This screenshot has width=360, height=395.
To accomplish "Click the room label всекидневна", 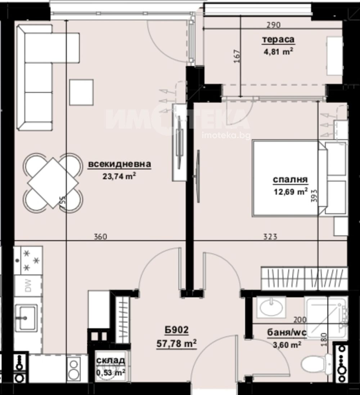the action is pyautogui.click(x=120, y=164).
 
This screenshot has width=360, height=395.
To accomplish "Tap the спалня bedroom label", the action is pyautogui.click(x=290, y=180).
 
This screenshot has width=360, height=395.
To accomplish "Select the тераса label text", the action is pyautogui.click(x=278, y=40).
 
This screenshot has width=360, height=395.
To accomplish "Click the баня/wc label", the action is pyautogui.click(x=287, y=333).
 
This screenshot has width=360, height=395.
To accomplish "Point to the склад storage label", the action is pyautogui.click(x=111, y=361).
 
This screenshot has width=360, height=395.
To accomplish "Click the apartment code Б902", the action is pyautogui.click(x=176, y=330).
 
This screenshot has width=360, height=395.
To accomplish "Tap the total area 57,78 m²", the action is pyautogui.click(x=176, y=343).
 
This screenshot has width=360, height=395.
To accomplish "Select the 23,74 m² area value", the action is pyautogui.click(x=119, y=176).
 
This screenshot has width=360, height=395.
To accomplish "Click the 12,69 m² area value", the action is pyautogui.click(x=291, y=192).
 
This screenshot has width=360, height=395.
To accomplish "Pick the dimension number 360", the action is pyautogui.click(x=100, y=237).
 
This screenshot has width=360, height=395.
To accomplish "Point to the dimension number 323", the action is pyautogui.click(x=270, y=237).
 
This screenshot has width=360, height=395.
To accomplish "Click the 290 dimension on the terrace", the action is pyautogui.click(x=274, y=25).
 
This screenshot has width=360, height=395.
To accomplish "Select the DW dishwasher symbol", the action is pyautogui.click(x=28, y=285).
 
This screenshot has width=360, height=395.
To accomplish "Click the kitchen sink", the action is pyautogui.click(x=26, y=317).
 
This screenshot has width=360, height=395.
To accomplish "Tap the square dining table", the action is pyautogui.click(x=53, y=183).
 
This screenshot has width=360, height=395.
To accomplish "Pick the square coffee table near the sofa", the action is pyautogui.click(x=81, y=92).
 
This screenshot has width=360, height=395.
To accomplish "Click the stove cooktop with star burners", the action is pyautogui.click(x=28, y=260).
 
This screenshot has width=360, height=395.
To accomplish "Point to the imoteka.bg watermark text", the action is pyautogui.click(x=226, y=136).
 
